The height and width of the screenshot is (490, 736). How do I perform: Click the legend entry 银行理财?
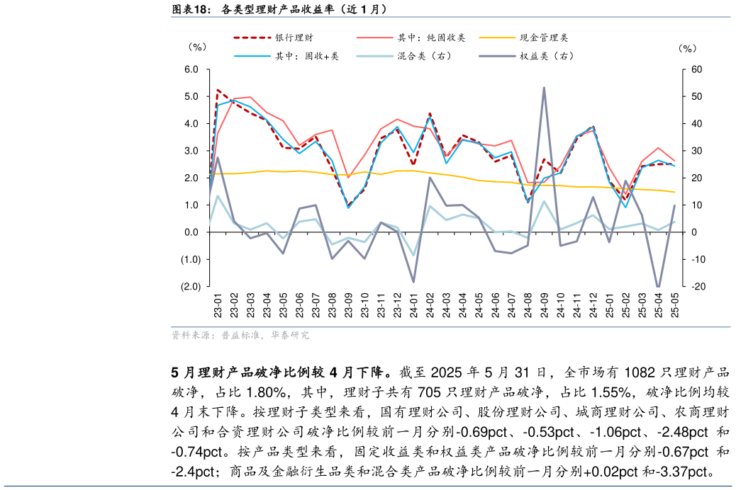294,38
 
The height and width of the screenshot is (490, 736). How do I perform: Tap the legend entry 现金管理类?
544,38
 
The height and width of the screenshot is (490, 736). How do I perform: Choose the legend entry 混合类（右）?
424,56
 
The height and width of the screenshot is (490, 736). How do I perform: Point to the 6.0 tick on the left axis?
191,69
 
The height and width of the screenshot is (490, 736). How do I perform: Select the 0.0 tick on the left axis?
191,232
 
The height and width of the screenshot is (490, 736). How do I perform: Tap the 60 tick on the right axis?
697,69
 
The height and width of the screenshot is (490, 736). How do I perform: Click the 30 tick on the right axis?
697,151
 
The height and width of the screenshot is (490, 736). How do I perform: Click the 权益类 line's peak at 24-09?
544,88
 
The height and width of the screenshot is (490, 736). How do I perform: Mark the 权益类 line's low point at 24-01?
413,282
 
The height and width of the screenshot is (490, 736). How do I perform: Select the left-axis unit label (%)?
197,47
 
